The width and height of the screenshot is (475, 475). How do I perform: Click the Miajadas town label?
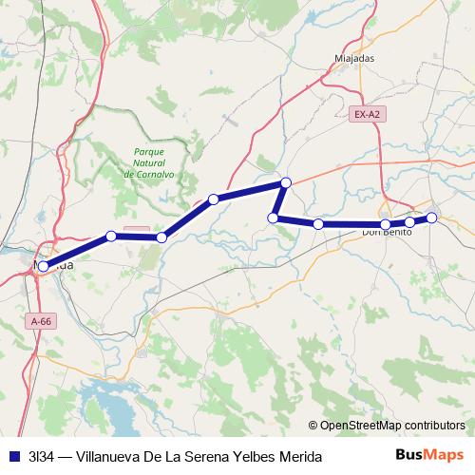coord(354,58)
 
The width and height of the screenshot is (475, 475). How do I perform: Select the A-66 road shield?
coord(42,321)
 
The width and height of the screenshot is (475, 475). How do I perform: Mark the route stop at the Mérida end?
coord(44,267)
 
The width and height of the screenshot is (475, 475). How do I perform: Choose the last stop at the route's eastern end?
coord(431,218)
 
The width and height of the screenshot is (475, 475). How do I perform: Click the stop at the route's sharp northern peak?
coord(285,182)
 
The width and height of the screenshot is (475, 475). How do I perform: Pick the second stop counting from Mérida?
coord(111,236)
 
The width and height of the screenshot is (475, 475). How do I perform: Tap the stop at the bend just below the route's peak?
coord(274,218)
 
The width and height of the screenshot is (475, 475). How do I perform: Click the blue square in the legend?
coord(12,456)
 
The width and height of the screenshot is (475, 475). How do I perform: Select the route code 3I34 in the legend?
coord(40,456)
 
